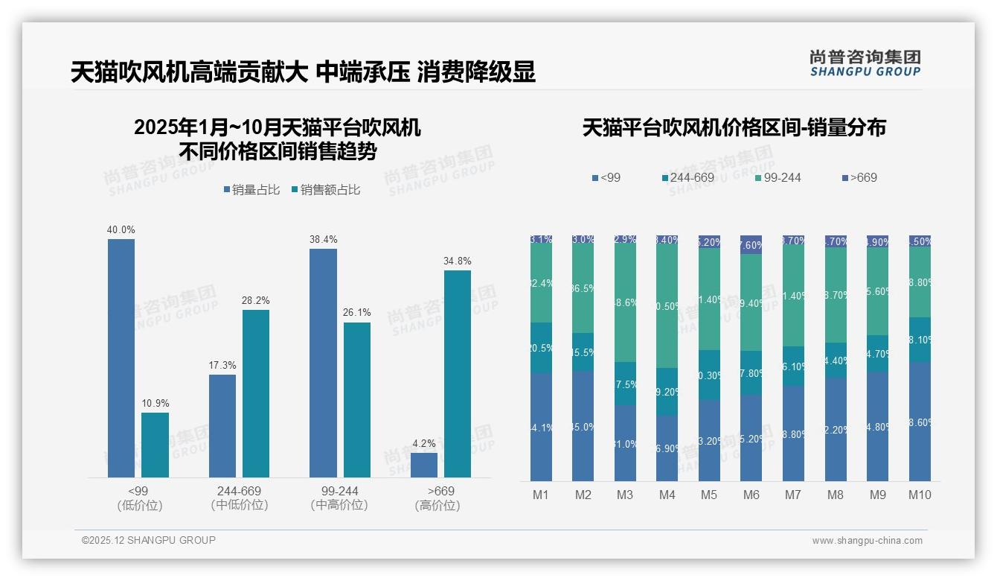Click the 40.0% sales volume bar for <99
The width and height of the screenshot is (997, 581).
coord(121,358)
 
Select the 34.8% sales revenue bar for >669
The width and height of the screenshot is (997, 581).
coord(458,373)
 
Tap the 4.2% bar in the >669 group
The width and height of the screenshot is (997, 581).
coord(423,465)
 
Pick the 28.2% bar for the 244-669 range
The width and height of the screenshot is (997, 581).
coord(255,393)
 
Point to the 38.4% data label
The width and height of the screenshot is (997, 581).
coord(323,239)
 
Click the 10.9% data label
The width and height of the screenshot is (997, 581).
coord(155,403)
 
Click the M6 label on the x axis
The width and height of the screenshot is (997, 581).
coord(751,495)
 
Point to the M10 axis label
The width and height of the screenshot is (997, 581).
coord(920,495)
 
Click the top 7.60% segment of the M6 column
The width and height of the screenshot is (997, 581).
coord(751,245)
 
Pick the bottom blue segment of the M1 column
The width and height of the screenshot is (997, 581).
coord(541,427)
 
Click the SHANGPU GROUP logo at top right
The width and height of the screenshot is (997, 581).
coord(865,63)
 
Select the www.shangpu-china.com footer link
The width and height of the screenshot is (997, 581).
coord(867,541)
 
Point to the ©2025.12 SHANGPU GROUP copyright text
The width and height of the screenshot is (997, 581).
coord(149,540)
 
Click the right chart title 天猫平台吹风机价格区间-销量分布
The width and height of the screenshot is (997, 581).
coord(734,127)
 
